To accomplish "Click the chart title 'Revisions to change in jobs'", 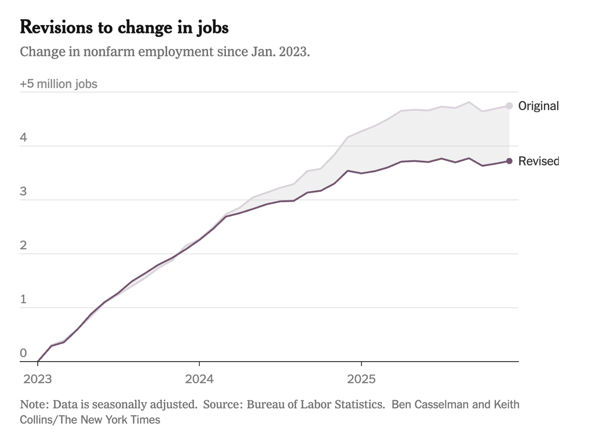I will coord(124,28).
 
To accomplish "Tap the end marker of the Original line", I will coord(509,106).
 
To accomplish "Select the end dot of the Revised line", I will coord(509,161).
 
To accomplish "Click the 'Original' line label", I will coord(538,106).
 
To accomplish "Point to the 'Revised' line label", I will coord(538,161).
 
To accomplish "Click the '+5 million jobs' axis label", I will coord(59,84).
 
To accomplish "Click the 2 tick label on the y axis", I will coord(23,245).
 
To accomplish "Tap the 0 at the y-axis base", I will coord(23,353).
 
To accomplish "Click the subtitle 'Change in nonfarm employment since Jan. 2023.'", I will coord(165,52).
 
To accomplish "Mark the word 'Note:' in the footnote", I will coord(34,405).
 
